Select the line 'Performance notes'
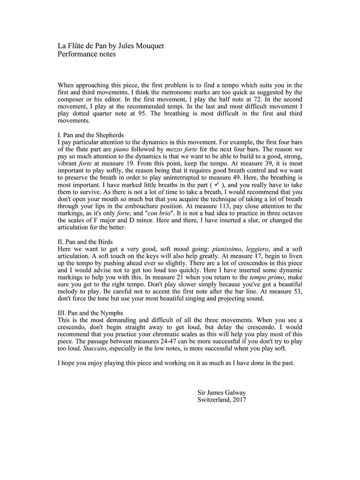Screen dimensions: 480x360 click(87, 54)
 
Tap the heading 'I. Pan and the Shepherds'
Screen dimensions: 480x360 click(90, 135)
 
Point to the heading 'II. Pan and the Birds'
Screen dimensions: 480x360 click(85, 242)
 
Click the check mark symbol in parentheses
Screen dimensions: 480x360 click(217, 185)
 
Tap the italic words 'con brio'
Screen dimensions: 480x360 click(160, 213)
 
